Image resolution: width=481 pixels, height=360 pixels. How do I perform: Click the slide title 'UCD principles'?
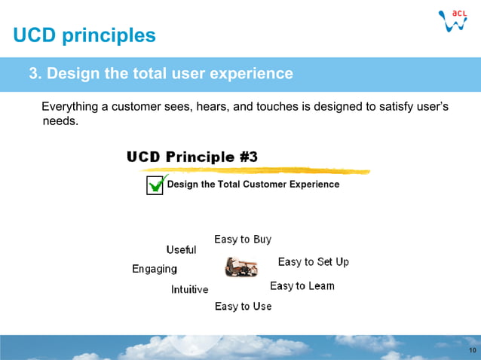(x=84, y=35)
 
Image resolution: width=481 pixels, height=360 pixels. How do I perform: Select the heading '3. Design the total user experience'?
(x=161, y=74)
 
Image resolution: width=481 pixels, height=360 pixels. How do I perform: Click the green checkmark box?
(x=155, y=185)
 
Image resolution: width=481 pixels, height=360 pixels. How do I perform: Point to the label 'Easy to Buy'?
(x=243, y=239)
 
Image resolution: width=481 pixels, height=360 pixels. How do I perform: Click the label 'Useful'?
(x=181, y=250)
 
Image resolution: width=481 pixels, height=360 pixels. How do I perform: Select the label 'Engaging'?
(x=155, y=269)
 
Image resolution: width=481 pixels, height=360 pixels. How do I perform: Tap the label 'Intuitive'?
(x=189, y=289)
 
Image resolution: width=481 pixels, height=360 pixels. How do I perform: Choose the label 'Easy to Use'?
(x=243, y=307)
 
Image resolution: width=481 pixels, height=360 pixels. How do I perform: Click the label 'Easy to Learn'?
(x=302, y=286)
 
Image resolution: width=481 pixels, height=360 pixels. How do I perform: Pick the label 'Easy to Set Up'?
(x=313, y=262)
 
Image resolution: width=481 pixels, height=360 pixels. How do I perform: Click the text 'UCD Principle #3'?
(x=192, y=157)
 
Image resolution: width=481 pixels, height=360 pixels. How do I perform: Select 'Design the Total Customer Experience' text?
(x=253, y=185)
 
